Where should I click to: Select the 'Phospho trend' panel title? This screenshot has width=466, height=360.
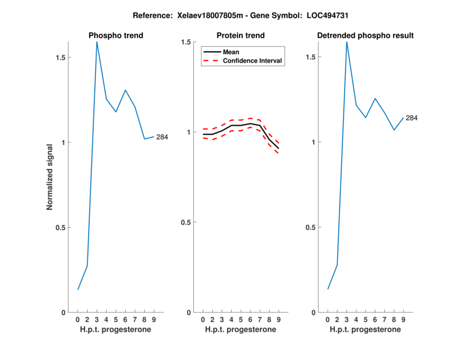point(116,36)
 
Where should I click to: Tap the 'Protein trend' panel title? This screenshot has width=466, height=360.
point(241,36)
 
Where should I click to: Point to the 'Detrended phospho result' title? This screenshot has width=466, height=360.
point(365,36)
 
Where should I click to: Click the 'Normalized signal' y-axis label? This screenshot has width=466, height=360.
point(50,177)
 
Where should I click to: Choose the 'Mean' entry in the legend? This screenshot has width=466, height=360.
point(231,52)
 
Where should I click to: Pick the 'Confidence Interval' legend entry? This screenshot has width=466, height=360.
point(253,61)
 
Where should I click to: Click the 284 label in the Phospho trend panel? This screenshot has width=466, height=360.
point(162,137)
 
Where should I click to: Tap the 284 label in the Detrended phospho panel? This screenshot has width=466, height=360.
point(412,118)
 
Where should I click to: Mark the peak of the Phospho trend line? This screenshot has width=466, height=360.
point(97,42)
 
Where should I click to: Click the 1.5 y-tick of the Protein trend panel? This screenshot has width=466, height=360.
point(186,42)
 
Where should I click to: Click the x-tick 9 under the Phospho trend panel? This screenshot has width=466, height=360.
point(154,320)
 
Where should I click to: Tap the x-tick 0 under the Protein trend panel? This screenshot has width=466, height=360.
point(203,320)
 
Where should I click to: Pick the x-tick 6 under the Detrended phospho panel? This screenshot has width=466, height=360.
point(375,320)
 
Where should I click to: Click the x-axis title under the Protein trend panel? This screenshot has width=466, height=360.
point(241,330)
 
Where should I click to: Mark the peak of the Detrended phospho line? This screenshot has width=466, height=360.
point(347,42)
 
